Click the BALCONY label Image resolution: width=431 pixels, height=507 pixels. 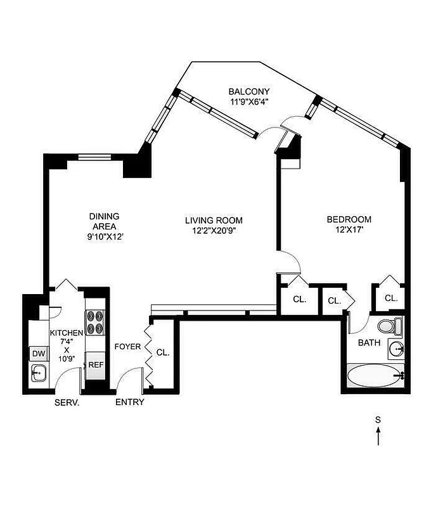pos(250,91)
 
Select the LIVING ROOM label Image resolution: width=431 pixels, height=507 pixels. pos(214,220)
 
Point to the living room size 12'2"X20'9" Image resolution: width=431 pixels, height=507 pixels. pos(214,231)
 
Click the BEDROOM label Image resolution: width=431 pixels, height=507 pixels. pos(345,220)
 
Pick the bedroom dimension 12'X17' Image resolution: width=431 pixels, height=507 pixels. pos(345,231)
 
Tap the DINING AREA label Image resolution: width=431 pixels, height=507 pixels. pos(104,221)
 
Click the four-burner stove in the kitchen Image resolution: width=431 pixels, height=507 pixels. pos(95,321)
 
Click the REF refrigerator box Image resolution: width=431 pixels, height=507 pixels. pos(95,365)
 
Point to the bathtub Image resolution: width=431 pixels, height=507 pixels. pos(373,375)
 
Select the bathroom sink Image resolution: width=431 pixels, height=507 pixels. pos(396,348)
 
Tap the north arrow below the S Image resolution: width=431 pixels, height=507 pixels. pos(378,435)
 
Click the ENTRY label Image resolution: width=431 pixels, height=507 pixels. pos(129,402)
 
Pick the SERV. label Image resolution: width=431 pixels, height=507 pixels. pos(67,402)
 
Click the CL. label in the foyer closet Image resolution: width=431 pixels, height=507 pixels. pos(163,352)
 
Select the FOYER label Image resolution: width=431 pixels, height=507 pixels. pos(127,347)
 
